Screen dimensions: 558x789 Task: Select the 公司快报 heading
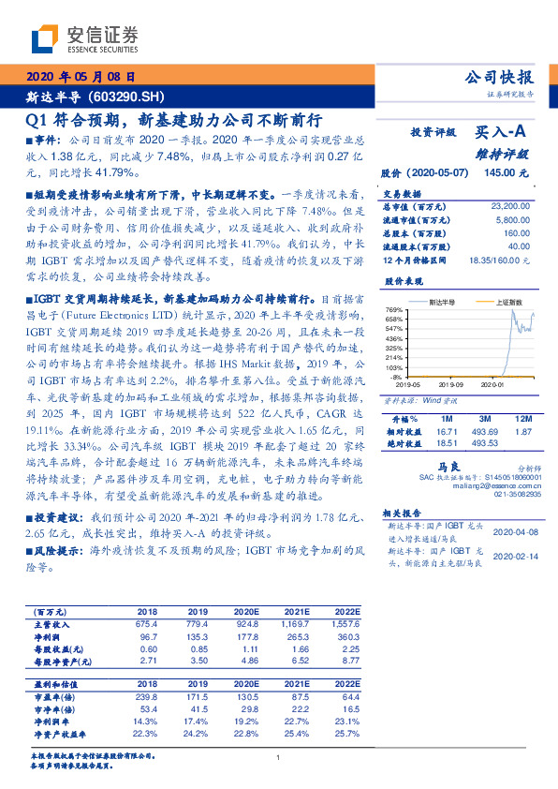point(500,78)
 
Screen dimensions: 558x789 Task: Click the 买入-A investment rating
point(502,134)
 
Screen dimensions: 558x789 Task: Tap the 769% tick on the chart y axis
point(392,309)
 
